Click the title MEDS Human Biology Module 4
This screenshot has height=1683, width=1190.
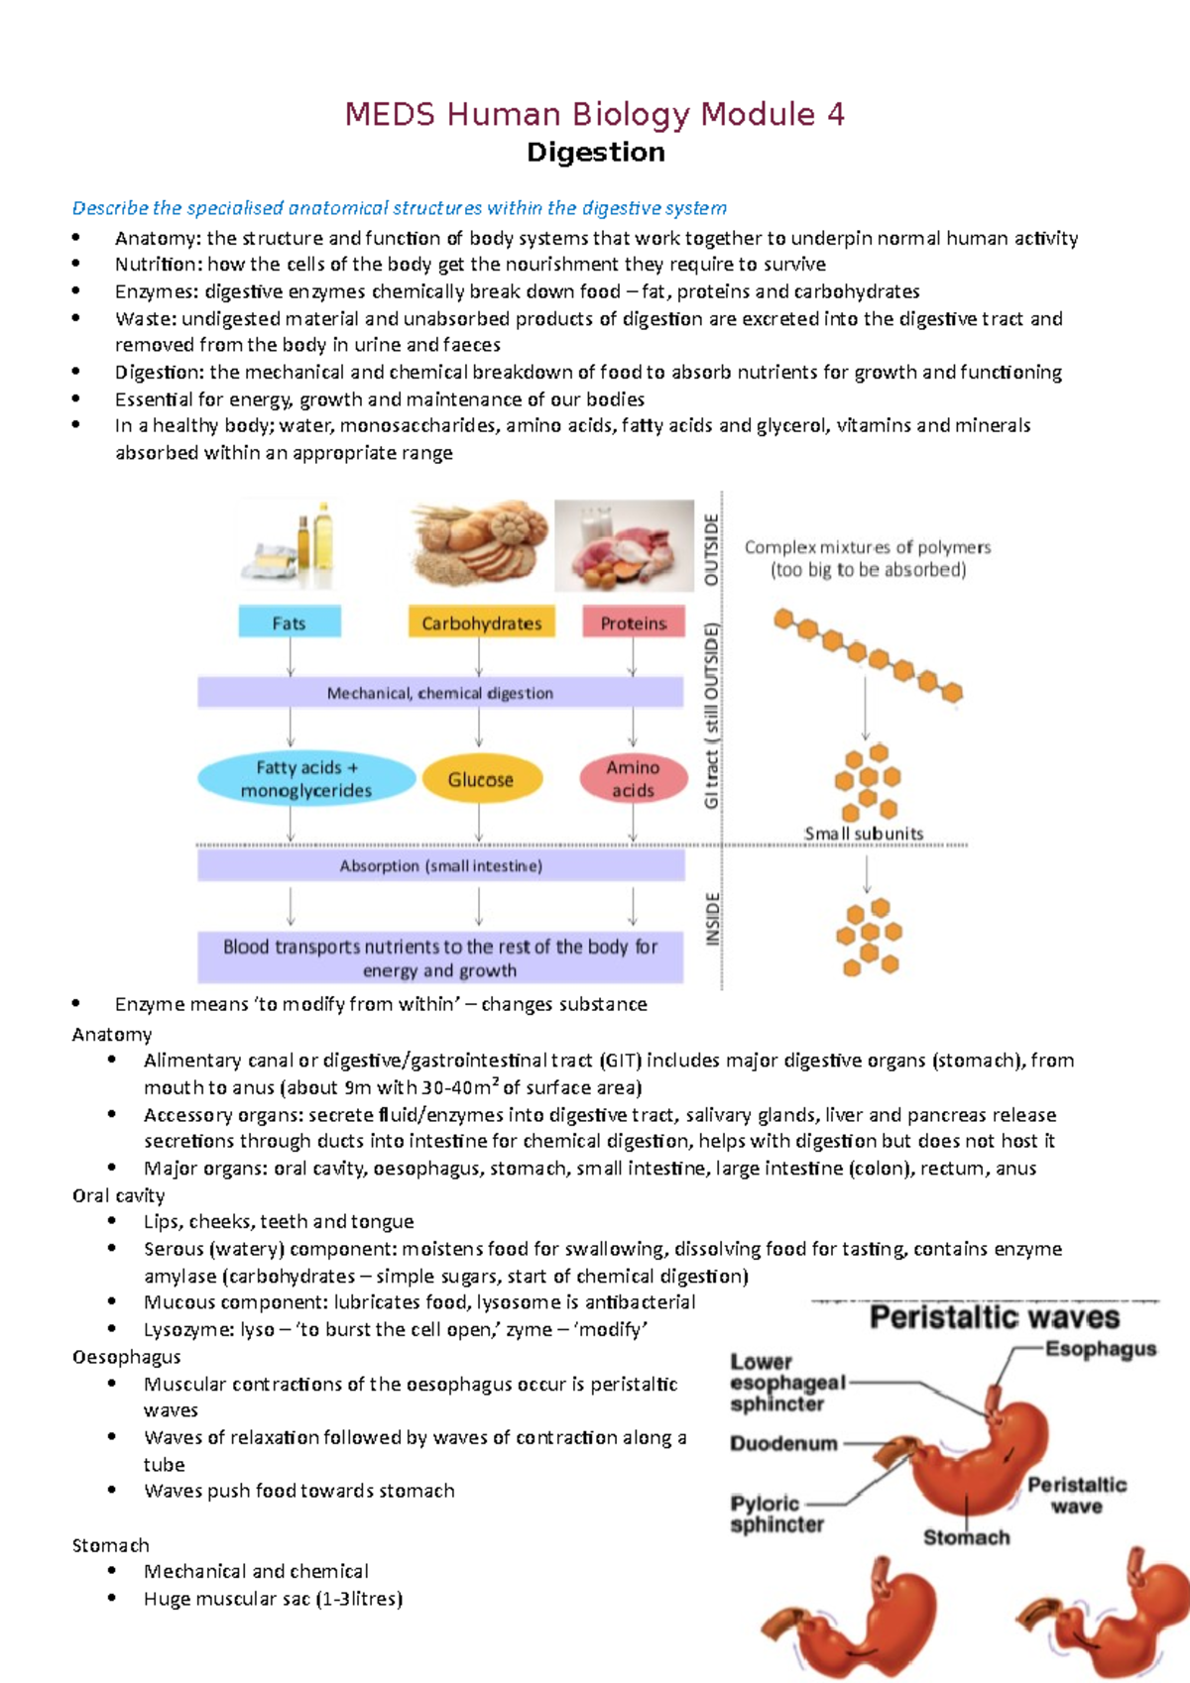tap(594, 115)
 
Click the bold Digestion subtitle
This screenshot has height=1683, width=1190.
tap(595, 153)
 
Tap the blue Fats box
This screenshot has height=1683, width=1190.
tap(289, 622)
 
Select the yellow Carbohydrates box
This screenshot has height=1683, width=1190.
tap(481, 622)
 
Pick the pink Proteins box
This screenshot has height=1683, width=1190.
tap(633, 622)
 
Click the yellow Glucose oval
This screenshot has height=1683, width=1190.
tap(481, 779)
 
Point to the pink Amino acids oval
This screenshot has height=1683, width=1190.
tap(633, 778)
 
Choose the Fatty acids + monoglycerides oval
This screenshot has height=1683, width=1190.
tap(305, 778)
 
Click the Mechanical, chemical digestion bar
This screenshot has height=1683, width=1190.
tap(439, 693)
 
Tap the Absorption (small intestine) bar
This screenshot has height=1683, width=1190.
tap(440, 865)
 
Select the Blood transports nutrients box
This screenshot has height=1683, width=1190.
tap(439, 957)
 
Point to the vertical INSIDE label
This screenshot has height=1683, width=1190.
tap(712, 918)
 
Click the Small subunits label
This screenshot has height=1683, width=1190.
tap(863, 834)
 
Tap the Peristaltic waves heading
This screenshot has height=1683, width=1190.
tap(994, 1317)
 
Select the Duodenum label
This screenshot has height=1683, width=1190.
tap(783, 1443)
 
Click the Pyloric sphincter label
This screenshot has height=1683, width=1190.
tap(776, 1514)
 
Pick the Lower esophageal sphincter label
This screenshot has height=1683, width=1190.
tap(786, 1383)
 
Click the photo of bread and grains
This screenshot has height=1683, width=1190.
tap(479, 544)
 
